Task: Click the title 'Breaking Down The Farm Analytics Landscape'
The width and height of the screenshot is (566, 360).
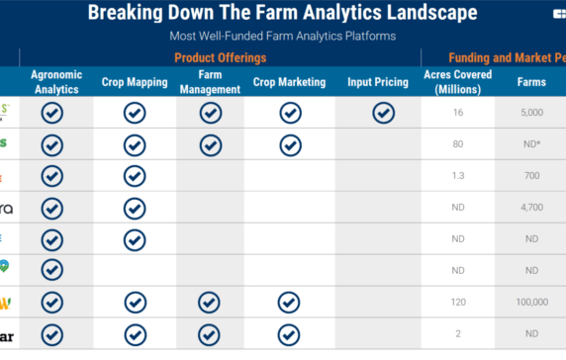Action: pos(282,13)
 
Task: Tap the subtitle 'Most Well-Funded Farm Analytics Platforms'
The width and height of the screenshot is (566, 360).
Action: pos(282,36)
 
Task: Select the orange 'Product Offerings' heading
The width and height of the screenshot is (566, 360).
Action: pos(220,57)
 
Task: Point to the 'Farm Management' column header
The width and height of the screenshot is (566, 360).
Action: pos(210,82)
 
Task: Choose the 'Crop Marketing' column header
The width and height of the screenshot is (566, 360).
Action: pos(289,82)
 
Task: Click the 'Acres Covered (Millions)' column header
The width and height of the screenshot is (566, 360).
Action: pos(456,82)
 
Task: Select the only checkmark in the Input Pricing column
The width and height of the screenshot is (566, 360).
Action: pos(383,113)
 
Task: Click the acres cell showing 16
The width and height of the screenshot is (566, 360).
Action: pos(458,114)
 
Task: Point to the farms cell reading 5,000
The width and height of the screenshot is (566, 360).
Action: pos(530,114)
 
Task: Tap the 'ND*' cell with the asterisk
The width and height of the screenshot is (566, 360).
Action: pos(530,145)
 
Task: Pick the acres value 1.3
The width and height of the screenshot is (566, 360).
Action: pos(458,177)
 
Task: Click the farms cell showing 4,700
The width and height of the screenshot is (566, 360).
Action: pos(530,209)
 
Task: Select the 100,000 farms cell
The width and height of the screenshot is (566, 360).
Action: pos(530,303)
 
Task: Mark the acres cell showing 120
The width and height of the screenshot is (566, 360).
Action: pos(458,303)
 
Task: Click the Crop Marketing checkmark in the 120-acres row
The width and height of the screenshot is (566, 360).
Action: pos(289,302)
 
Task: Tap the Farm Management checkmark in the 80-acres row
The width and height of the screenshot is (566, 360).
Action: pos(210,145)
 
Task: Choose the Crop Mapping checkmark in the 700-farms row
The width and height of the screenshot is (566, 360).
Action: pos(135,177)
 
